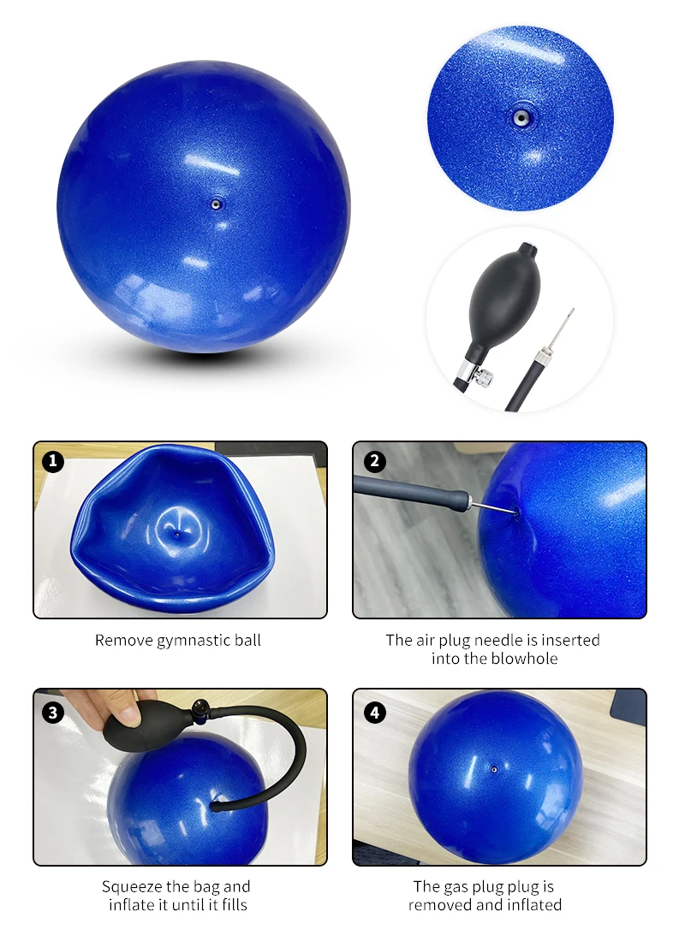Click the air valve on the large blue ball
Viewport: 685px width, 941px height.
click(x=216, y=204)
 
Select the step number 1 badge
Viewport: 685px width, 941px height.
click(x=53, y=461)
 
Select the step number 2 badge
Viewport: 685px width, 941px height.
click(x=375, y=461)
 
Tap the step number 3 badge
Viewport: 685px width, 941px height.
click(x=53, y=713)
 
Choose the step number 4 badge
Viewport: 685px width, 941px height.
click(x=375, y=713)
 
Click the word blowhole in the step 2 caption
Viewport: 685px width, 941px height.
click(x=525, y=659)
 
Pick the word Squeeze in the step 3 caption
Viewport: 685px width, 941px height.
click(x=132, y=887)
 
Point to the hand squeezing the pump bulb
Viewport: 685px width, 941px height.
click(x=108, y=707)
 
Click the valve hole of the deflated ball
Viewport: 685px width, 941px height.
click(x=176, y=532)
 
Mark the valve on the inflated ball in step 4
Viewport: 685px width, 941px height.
click(x=494, y=769)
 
